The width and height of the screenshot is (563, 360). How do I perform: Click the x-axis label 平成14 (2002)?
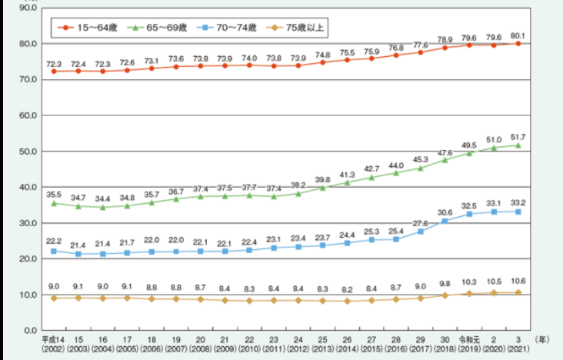click(53, 342)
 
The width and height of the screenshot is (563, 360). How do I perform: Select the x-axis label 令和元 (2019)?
click(468, 342)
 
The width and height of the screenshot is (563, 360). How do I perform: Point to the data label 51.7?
click(518, 135)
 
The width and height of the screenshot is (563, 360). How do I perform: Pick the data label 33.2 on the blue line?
click(518, 202)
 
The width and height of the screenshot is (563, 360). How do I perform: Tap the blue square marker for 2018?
click(444, 222)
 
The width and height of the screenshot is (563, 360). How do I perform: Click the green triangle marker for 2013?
click(322, 188)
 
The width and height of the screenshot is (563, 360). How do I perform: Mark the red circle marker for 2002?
click(53, 71)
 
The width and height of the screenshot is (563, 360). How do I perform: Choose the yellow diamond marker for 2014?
click(347, 301)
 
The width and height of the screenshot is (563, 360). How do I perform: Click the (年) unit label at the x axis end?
click(543, 337)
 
